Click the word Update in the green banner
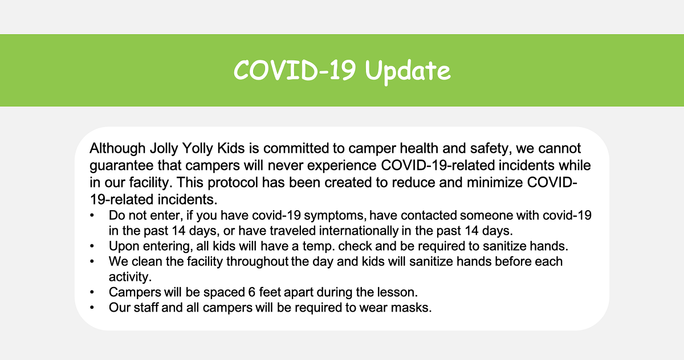pos(408,71)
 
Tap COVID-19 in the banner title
pos(294,70)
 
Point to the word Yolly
pos(198,149)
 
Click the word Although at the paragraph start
pos(117,149)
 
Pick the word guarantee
pos(121,166)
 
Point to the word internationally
pos(359,231)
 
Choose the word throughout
pos(257,261)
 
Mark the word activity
pos(130,277)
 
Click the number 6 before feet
pos(251,292)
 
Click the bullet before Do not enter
pos(92,216)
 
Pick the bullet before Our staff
pos(92,308)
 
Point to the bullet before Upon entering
pos(92,247)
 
